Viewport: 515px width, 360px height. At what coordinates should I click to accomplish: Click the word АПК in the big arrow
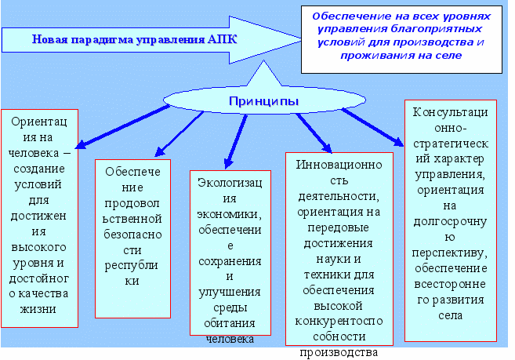(x=223, y=39)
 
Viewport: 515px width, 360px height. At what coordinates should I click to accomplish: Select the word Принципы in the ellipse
(x=263, y=101)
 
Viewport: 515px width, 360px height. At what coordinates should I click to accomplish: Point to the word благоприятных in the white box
(x=437, y=29)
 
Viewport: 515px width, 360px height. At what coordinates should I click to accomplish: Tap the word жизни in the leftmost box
(x=38, y=309)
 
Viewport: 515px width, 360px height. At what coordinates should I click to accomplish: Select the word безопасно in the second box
(x=132, y=235)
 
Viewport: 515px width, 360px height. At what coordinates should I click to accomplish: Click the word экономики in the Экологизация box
(x=229, y=214)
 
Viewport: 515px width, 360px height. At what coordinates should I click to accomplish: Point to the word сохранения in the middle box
(x=230, y=261)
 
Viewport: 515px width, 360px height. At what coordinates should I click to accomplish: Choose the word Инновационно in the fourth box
(x=339, y=165)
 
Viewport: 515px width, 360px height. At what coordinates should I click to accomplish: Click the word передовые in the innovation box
(x=339, y=227)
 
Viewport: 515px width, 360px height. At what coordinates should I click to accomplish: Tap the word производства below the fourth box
(x=339, y=352)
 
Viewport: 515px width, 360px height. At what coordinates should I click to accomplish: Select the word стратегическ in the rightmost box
(x=451, y=144)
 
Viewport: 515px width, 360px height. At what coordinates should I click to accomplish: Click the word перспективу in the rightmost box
(x=449, y=253)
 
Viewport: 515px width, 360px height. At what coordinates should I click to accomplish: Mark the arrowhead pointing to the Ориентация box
(x=81, y=144)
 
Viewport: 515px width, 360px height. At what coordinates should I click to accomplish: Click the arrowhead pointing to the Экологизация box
(x=228, y=163)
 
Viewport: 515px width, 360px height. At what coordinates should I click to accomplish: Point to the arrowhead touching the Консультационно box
(x=399, y=142)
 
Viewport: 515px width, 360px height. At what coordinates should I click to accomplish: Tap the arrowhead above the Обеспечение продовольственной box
(x=160, y=151)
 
